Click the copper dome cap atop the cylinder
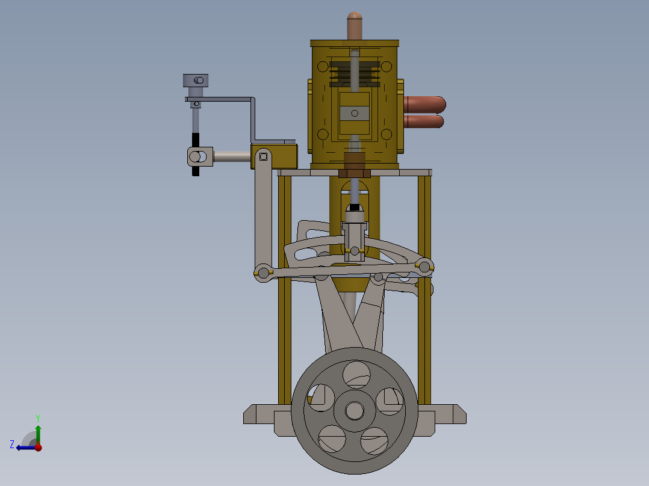point(354,24)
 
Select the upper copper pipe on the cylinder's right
point(424,104)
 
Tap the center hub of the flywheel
point(354,411)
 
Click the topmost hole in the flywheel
point(356,374)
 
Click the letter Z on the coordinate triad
point(12,444)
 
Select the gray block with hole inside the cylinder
point(355,113)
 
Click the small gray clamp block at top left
point(196,81)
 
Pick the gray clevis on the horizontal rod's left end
point(199,157)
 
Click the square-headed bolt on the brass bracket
point(263,157)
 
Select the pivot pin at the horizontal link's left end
point(262,271)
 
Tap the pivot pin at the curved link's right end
point(424,266)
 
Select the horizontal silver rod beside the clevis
point(232,157)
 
